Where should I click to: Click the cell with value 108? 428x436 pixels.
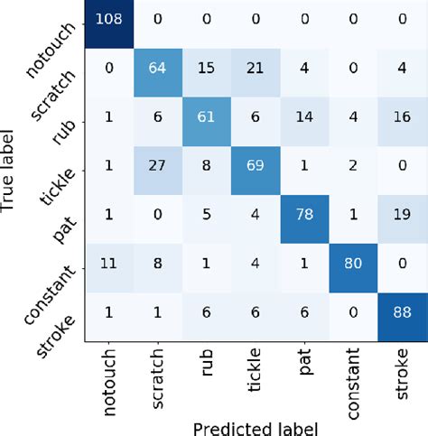[x=110, y=17]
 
